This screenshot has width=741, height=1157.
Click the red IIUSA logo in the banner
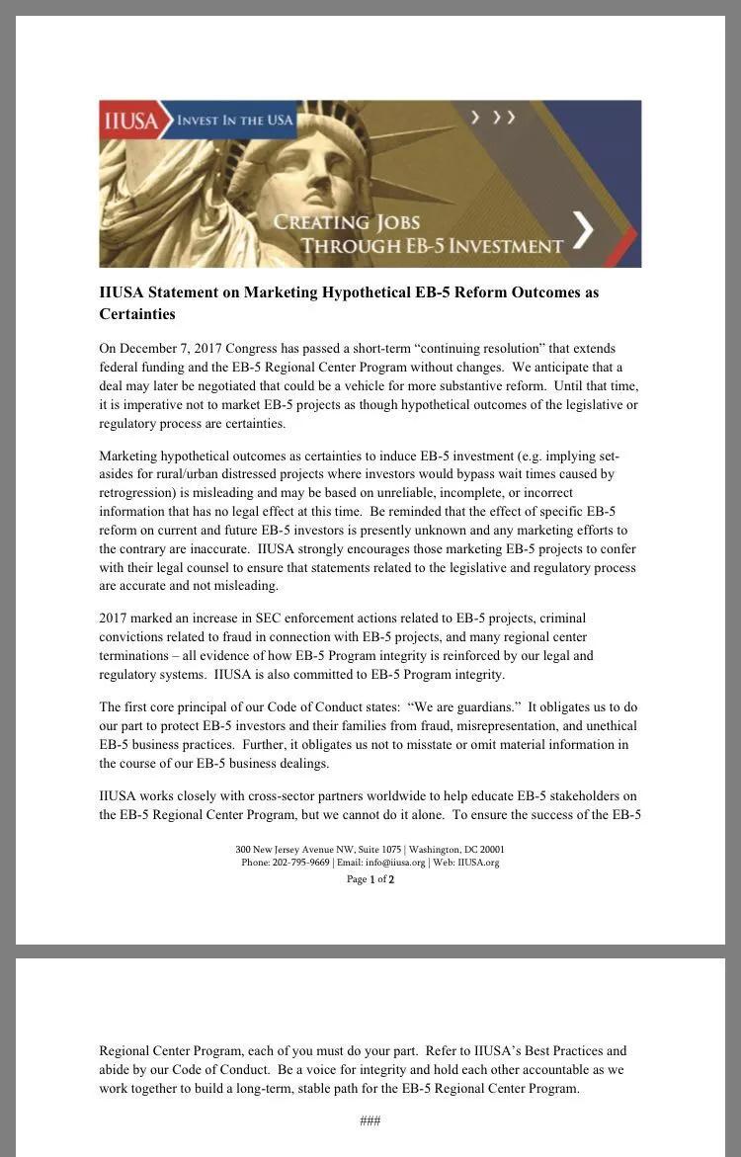(129, 121)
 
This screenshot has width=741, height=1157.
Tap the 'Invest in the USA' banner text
(235, 121)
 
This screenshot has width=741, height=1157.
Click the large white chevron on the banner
(584, 230)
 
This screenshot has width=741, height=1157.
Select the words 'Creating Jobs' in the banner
(347, 221)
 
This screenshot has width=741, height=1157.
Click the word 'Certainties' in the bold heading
(137, 314)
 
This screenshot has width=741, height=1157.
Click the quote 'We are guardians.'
(464, 707)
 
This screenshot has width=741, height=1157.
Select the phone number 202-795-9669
(300, 863)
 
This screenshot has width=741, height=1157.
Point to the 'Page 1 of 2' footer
(370, 879)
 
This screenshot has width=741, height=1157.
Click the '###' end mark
(370, 1120)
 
